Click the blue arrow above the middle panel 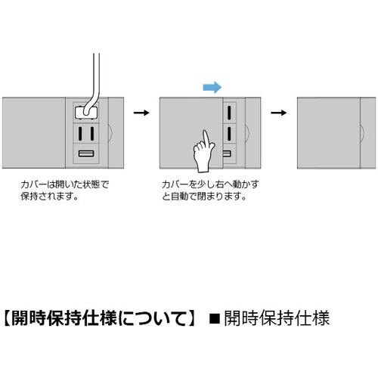coord(212,88)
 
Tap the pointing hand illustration coord(204,151)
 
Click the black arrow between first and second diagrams coord(141,113)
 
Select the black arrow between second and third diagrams coord(279,113)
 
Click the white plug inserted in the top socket coord(86,113)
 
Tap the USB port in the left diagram coord(86,153)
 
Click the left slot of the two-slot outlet coord(80,133)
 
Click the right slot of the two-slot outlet coord(92,133)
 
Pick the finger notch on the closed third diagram coord(363,132)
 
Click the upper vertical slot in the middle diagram coord(229,113)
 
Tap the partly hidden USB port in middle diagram coord(227,153)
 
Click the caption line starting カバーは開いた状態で coord(65,184)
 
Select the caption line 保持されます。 coord(49,197)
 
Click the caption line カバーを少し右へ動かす coord(210,184)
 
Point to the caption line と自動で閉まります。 coord(204,197)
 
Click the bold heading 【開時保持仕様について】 coord(100,318)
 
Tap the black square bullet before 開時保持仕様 coord(215,318)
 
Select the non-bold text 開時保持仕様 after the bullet coord(277,318)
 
